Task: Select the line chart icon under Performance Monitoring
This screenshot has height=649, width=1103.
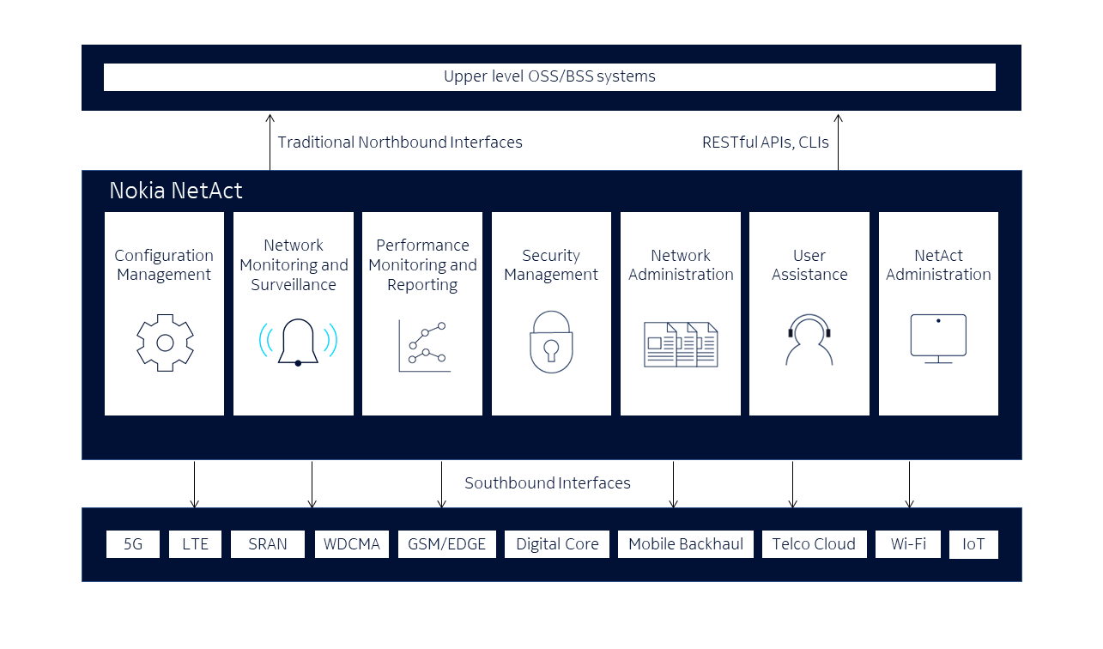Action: [424, 346]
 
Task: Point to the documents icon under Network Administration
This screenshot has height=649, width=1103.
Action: [681, 345]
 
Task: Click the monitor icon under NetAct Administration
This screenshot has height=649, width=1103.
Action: [938, 337]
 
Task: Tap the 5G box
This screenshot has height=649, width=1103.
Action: [133, 544]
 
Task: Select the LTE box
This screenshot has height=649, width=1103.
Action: [195, 544]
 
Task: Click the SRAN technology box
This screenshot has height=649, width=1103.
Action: [267, 544]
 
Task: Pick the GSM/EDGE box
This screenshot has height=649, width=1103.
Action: [446, 544]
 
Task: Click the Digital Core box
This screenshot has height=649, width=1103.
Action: [557, 544]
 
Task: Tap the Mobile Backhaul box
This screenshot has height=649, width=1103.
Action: [686, 544]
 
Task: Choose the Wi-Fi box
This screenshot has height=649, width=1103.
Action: [908, 544]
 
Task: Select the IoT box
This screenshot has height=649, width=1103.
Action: [973, 544]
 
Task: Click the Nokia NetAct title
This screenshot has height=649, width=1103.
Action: [176, 191]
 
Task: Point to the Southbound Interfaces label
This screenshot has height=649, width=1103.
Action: [548, 483]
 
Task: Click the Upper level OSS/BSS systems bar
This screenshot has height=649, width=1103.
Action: [549, 76]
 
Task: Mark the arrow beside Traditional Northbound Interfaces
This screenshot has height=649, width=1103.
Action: [270, 143]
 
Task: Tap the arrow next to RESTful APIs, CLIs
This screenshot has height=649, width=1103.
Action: [838, 143]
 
